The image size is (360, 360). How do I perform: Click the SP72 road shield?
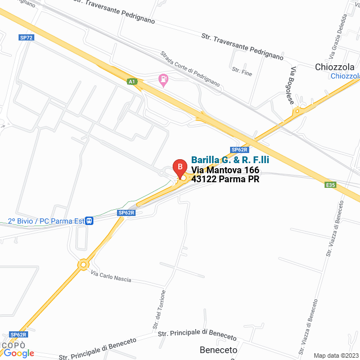[x=26, y=37]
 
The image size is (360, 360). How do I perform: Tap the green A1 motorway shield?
[x=132, y=82]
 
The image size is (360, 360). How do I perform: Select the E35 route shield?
[x=330, y=184]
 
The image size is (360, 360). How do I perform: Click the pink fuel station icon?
[x=163, y=80]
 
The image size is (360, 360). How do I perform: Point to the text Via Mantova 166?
[x=225, y=170]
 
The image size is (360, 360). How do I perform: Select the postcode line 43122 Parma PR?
[x=225, y=180]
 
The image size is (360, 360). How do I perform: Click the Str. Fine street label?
[x=242, y=71]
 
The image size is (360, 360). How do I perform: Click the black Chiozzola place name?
[x=335, y=67]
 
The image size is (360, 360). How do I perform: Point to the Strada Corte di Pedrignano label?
[x=190, y=69]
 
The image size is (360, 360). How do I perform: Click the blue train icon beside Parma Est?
[x=89, y=220]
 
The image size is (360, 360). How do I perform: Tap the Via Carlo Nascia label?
[x=111, y=276]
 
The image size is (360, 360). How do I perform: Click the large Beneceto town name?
[x=218, y=350]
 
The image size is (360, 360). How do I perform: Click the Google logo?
[x=19, y=353]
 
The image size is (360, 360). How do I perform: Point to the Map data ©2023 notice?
[x=335, y=355]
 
